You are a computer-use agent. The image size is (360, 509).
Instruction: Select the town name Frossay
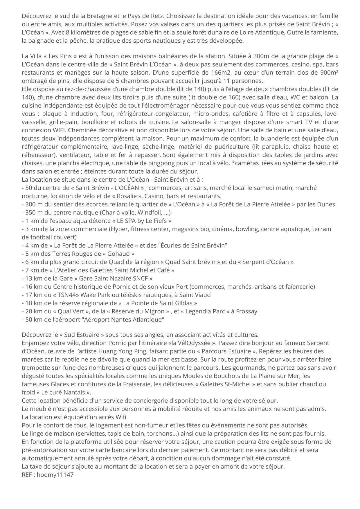coord(246,311)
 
